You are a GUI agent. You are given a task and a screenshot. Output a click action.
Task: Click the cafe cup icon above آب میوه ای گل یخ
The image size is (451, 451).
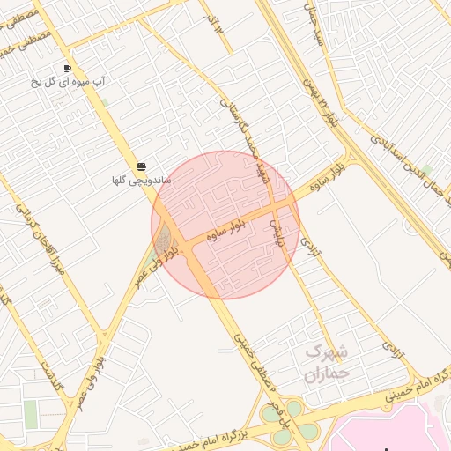pyautogui.click(x=68, y=68)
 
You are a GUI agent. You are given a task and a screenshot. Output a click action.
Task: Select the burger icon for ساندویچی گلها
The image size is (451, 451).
pyautogui.click(x=141, y=167)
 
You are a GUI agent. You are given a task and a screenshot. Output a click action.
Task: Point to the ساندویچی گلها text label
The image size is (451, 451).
pyautogui.click(x=141, y=181)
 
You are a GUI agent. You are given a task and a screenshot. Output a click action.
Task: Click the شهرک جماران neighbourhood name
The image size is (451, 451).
pyautogui.click(x=328, y=363)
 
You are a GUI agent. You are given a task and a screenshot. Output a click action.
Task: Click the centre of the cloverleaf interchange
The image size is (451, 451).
pyautogui.click(x=290, y=421)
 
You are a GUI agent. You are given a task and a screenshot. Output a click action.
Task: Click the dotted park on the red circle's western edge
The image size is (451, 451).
pyautogui.click(x=163, y=240)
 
